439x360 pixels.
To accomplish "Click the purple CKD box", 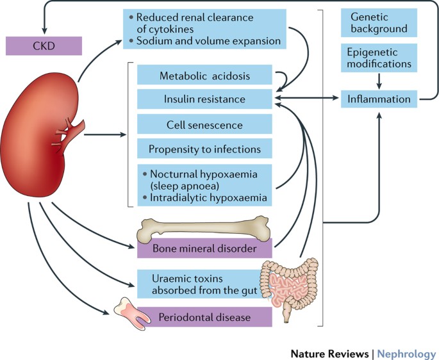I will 44,46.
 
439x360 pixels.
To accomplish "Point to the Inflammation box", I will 378,99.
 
